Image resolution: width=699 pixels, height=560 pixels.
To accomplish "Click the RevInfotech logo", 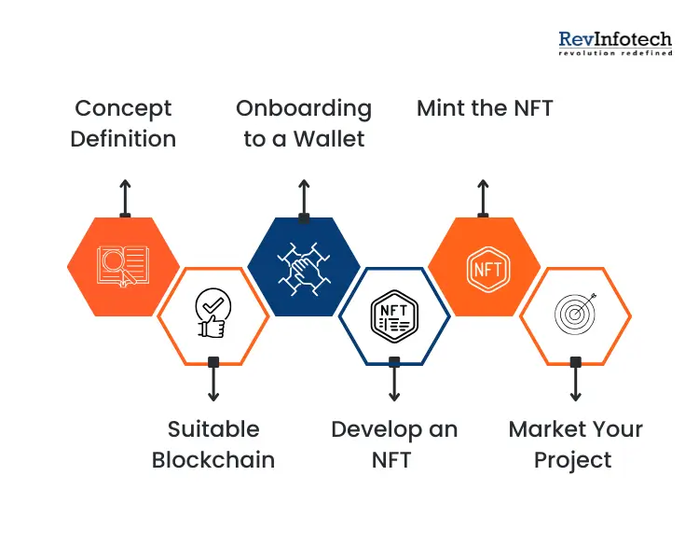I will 615,42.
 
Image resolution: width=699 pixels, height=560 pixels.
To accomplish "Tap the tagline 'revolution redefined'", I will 615,54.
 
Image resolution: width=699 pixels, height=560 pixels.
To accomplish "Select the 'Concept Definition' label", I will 124,123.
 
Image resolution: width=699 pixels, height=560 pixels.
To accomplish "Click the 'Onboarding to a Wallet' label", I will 304,123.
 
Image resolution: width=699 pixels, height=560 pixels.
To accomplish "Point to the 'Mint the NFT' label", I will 485,108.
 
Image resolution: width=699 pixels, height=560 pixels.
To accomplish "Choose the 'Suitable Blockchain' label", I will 213,444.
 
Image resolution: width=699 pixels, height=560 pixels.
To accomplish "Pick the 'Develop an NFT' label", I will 394,444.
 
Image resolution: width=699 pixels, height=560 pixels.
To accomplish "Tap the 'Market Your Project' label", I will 575,444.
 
